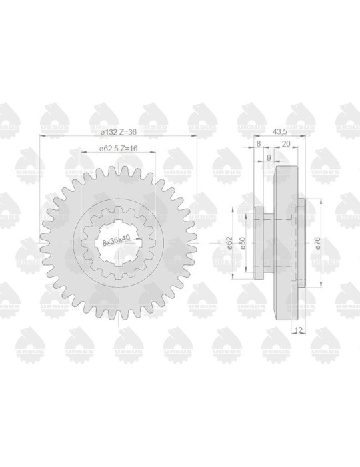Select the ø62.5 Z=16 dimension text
(x=119, y=149)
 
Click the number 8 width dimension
(x=258, y=143)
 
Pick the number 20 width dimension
(x=285, y=143)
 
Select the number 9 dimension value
(x=268, y=158)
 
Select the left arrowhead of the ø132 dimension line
(x=41, y=136)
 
